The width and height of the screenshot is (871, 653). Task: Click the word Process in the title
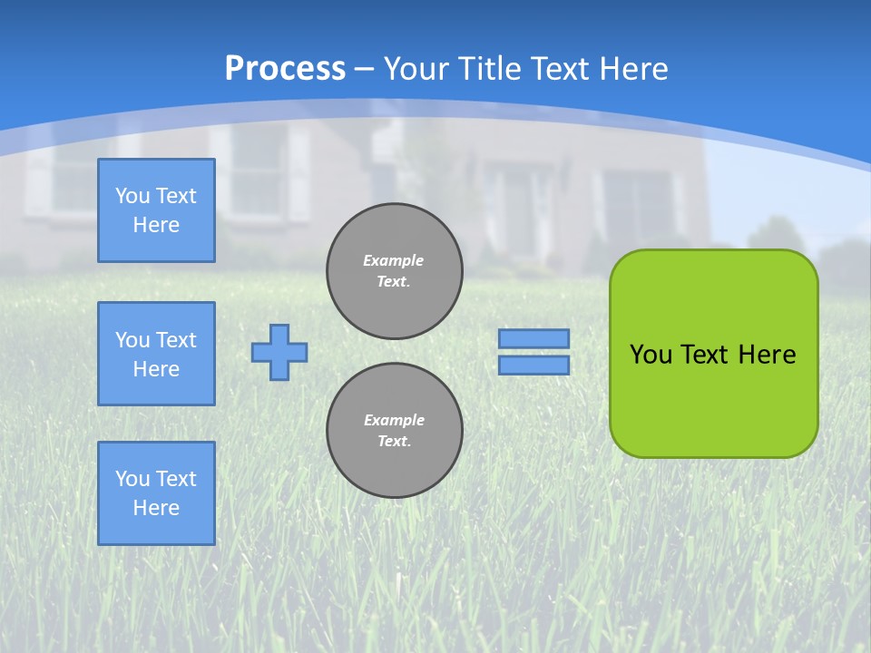[285, 68]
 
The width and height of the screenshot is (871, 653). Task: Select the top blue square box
[156, 210]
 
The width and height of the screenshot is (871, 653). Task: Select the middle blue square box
[156, 354]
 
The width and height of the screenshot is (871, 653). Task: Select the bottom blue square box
[156, 493]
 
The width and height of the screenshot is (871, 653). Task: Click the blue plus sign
[279, 352]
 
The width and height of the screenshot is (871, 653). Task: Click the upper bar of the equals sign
[533, 339]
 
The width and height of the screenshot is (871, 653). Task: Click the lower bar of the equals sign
[533, 365]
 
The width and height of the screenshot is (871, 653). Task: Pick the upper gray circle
[395, 270]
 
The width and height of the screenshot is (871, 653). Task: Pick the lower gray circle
[395, 430]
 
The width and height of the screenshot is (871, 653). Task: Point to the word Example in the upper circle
[393, 260]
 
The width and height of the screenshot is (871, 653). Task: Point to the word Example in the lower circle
[394, 420]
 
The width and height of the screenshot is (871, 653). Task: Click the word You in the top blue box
[132, 196]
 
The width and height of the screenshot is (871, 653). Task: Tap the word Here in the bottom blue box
[156, 508]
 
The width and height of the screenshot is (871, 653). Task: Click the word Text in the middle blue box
[176, 340]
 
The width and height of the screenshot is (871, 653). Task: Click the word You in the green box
[651, 354]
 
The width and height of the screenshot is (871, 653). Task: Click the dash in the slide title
[365, 69]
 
